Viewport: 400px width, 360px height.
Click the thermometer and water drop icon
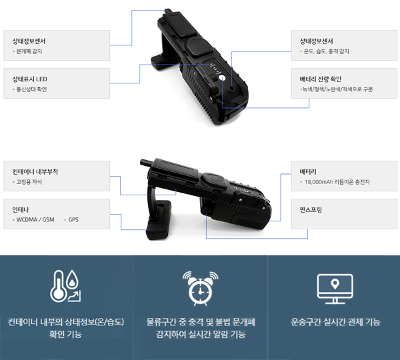pos(65,286)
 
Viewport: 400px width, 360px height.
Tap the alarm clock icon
pos(200,288)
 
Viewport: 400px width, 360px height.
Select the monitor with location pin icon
pos(335,288)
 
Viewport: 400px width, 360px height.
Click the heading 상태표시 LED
pos(30,79)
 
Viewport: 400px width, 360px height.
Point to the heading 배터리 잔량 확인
pos(321,79)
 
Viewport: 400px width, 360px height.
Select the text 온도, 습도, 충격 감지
pos(326,51)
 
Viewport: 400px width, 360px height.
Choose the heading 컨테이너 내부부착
pos(35,172)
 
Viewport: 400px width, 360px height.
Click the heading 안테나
pos(21,210)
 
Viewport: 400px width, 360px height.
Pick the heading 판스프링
pos(311,210)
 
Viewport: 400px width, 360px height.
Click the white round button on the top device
pos(222,77)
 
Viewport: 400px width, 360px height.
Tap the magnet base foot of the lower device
pos(158,220)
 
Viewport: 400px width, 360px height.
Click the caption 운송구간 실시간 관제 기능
pos(335,322)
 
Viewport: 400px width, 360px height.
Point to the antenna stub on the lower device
pos(146,162)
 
